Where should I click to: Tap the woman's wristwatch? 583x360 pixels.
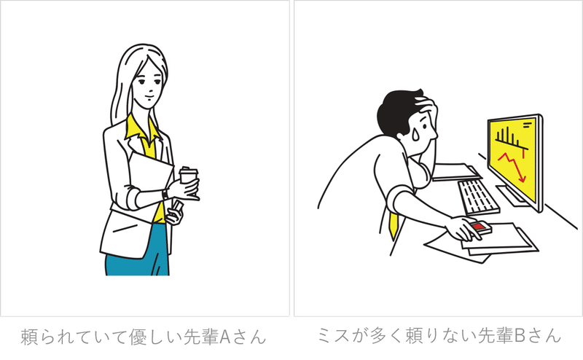click(165, 195)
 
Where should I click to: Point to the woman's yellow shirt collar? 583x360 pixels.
click(141, 131)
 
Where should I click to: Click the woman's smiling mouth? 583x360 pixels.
click(149, 98)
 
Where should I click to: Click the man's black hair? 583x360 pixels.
click(399, 111)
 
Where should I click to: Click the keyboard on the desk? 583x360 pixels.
click(478, 196)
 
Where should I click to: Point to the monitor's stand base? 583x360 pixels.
click(513, 196)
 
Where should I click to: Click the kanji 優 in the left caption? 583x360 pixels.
click(137, 336)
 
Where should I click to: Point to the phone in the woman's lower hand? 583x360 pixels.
click(176, 208)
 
